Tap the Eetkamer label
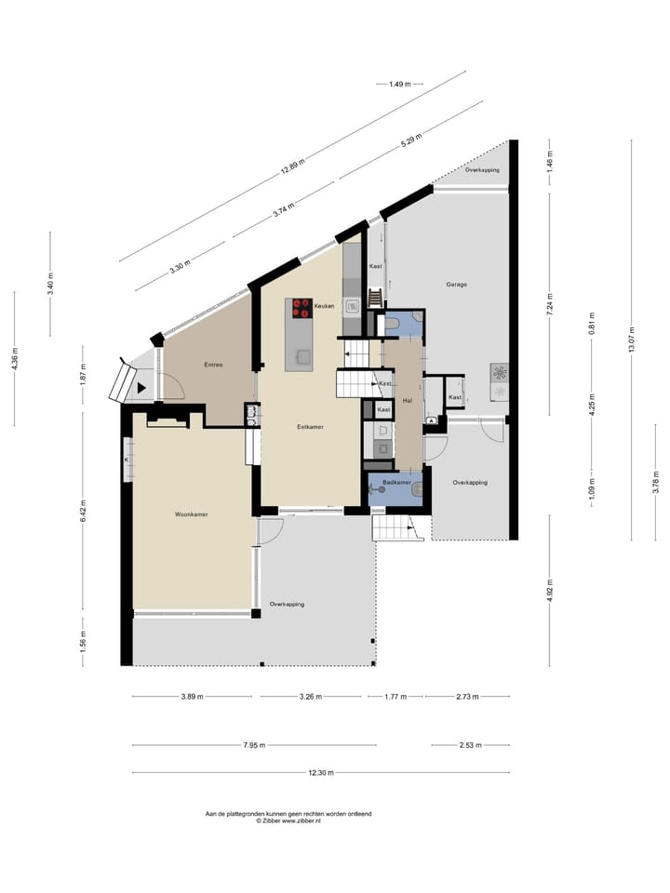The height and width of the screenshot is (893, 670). point(310,427)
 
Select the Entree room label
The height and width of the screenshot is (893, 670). point(213,365)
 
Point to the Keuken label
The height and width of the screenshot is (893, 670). point(324,306)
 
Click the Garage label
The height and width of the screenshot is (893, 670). point(456,285)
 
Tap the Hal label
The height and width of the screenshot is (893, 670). point(407,400)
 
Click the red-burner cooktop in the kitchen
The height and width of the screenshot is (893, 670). point(301,306)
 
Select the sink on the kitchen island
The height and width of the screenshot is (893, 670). point(301,354)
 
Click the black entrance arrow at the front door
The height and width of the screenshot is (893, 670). point(142,387)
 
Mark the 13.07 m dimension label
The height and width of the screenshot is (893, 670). point(631,339)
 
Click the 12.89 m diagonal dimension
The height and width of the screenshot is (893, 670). point(292,167)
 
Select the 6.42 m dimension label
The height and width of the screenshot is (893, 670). point(83,507)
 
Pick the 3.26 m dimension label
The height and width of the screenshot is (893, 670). point(313,696)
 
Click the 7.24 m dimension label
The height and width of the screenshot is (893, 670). point(549,310)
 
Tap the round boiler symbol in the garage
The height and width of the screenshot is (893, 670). point(500,373)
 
